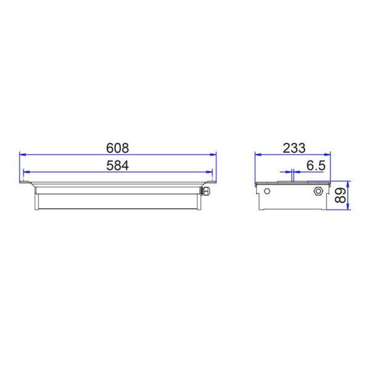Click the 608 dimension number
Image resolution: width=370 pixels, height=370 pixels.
117,148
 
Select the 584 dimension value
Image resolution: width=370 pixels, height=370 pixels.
117,165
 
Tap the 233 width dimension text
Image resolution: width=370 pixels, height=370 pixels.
294,148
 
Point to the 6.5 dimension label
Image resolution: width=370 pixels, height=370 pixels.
316,165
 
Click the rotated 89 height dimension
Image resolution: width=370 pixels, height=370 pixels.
340,195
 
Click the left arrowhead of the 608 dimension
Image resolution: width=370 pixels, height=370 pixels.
22,155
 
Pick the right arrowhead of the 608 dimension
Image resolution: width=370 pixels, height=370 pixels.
213,155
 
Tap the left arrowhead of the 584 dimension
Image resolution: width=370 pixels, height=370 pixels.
27,172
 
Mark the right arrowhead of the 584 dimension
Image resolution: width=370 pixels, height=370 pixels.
209,172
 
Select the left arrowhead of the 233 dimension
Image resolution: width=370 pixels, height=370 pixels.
258,155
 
